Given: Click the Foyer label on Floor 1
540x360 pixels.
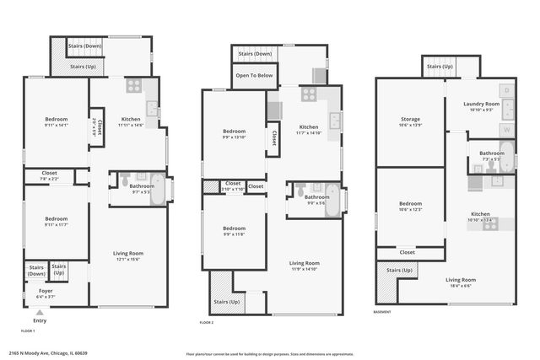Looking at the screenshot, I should click(x=46, y=292).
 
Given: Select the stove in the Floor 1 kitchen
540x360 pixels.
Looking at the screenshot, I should click(x=134, y=85).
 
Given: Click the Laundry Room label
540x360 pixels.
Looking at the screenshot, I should click(x=482, y=104).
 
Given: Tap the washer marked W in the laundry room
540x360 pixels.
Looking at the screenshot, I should click(x=506, y=131).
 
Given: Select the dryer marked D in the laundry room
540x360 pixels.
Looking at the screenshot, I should click(x=506, y=89).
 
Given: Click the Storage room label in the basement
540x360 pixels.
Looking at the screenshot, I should click(x=411, y=120).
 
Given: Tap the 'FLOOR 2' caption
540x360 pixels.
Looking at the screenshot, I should click(x=207, y=322).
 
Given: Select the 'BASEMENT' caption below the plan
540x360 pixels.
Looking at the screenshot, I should click(x=382, y=311).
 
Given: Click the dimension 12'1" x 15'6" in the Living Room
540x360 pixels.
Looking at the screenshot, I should click(x=129, y=259).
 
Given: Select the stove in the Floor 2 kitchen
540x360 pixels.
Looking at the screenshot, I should click(x=309, y=94).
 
